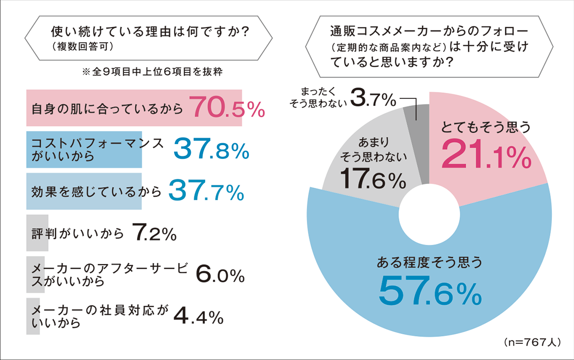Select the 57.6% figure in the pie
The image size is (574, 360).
coord(429,290)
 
